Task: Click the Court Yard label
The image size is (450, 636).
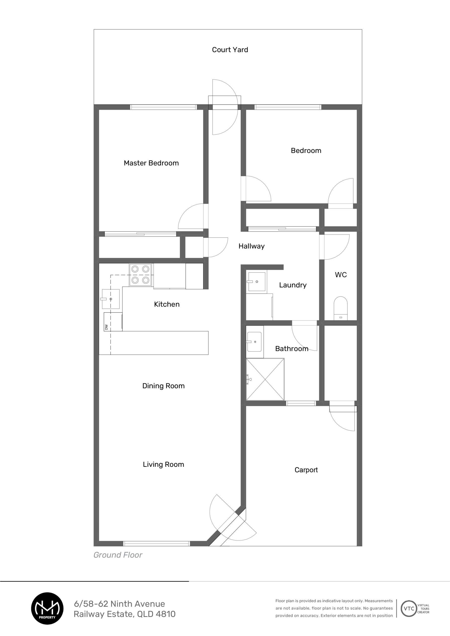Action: (230, 50)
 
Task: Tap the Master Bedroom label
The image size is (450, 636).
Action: (151, 163)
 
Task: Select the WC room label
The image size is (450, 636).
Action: (341, 275)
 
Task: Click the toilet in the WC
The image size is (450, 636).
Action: (340, 308)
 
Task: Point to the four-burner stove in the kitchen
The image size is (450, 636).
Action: (140, 275)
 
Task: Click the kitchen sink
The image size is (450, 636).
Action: (111, 299)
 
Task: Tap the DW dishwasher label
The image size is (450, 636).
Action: (106, 327)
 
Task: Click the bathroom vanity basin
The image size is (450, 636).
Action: (254, 342)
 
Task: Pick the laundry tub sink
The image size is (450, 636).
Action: (257, 281)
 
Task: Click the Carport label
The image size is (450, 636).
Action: (306, 470)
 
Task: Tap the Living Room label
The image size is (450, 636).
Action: (163, 465)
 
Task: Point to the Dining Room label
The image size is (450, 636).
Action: (163, 386)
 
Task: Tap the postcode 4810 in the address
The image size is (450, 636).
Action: (166, 614)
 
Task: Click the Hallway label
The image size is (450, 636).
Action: (252, 246)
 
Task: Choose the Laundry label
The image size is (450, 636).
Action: (293, 285)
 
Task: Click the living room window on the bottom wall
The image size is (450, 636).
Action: (157, 544)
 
